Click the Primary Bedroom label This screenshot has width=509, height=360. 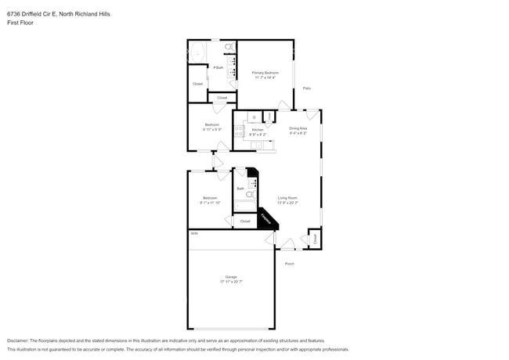(264, 73)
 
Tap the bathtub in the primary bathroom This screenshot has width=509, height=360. (196, 53)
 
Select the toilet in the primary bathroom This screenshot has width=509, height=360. (229, 48)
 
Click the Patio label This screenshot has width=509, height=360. (307, 88)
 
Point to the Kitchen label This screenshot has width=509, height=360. (257, 130)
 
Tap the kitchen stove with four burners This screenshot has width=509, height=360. (252, 131)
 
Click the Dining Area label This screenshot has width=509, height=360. (298, 128)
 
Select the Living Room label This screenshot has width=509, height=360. (287, 198)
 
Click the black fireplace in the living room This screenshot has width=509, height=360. (267, 219)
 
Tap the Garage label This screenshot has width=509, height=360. (231, 278)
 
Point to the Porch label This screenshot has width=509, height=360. (289, 264)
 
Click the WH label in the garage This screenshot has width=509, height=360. (193, 233)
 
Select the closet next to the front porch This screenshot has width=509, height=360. (314, 239)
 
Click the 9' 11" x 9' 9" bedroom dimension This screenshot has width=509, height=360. (211, 129)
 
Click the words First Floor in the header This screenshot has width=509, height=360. (20, 23)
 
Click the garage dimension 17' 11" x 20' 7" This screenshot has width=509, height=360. (231, 283)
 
